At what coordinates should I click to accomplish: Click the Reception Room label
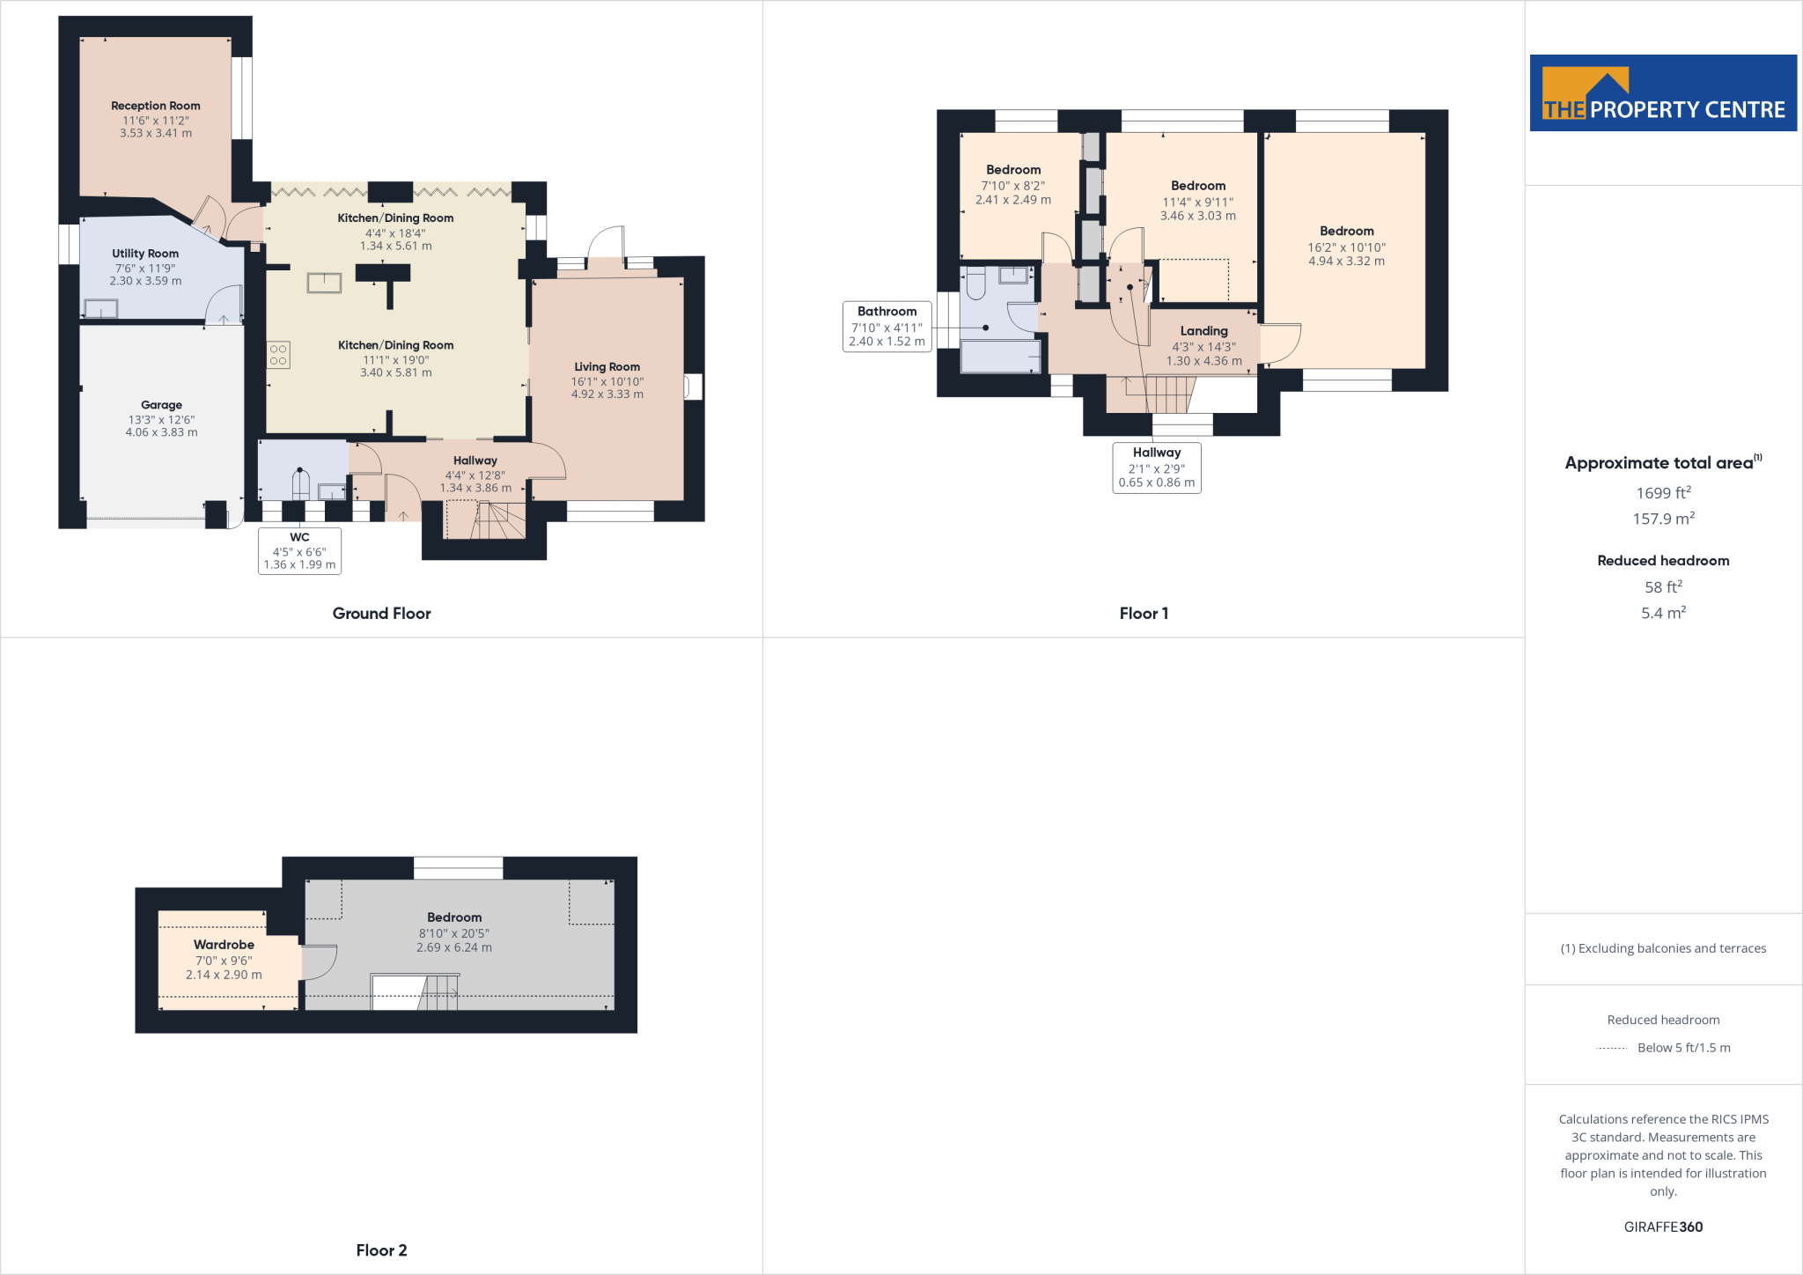click(x=156, y=106)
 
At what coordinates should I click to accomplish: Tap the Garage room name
click(x=161, y=405)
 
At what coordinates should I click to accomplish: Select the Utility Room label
click(x=145, y=254)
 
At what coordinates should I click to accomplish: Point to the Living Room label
click(x=607, y=367)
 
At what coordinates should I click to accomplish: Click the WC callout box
click(x=299, y=550)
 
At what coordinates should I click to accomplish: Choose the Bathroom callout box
click(x=887, y=326)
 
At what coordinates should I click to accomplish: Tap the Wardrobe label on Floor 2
click(x=224, y=945)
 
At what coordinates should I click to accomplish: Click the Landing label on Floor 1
click(x=1203, y=331)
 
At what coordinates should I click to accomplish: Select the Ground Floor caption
click(x=381, y=614)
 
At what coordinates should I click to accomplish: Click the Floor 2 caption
click(x=381, y=1250)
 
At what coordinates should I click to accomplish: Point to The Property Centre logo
click(x=1663, y=93)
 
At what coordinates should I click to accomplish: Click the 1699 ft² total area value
click(x=1663, y=493)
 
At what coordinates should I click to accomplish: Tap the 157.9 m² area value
click(x=1663, y=519)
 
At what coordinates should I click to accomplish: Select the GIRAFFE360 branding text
click(x=1663, y=1227)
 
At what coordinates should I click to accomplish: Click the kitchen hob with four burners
click(x=278, y=355)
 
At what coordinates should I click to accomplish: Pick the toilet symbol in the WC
click(x=301, y=483)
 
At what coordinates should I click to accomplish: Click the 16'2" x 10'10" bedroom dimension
click(x=1346, y=247)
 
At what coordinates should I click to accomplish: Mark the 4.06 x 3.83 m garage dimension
click(x=161, y=432)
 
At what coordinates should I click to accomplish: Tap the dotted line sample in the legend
click(x=1611, y=1048)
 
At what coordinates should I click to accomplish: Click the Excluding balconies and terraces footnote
click(x=1663, y=948)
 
